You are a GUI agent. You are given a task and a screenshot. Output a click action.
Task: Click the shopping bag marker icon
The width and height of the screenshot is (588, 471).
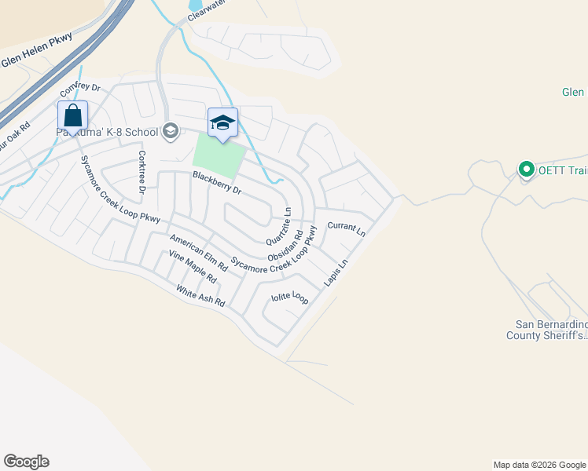point(72,116)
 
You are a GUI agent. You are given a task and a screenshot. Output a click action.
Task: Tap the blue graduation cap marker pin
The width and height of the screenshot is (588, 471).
point(222,123)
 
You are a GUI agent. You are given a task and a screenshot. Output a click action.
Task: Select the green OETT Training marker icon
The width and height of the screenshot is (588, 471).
point(525,169)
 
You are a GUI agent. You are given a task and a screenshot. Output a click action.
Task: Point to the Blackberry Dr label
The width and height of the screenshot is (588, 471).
point(216,184)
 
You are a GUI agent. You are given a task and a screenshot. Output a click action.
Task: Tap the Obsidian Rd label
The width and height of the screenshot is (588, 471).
point(286,246)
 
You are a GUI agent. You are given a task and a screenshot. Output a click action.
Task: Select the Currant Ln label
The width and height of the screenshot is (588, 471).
point(347,229)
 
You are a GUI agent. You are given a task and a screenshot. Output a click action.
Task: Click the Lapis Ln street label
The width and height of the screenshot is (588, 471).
point(336,273)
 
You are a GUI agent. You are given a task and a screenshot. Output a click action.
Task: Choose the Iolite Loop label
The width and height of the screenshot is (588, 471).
point(290,298)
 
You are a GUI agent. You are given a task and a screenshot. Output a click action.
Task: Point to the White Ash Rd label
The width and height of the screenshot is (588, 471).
point(200,297)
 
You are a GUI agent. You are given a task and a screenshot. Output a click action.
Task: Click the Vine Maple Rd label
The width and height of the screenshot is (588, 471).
point(193,267)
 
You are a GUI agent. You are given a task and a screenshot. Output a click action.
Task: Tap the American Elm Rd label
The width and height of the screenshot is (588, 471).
point(198,252)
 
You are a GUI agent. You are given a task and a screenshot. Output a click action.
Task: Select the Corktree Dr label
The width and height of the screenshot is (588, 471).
point(142,172)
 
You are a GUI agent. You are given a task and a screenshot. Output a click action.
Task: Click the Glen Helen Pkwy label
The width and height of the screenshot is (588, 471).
point(36,49)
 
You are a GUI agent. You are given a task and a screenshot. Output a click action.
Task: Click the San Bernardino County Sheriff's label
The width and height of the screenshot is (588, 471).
point(551,330)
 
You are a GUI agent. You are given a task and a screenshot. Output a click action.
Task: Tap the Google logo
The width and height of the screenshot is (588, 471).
point(26,462)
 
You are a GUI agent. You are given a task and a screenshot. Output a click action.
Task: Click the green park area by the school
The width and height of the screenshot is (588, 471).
point(219,156)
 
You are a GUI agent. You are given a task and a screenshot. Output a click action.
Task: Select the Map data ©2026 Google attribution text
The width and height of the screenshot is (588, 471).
point(539,465)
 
